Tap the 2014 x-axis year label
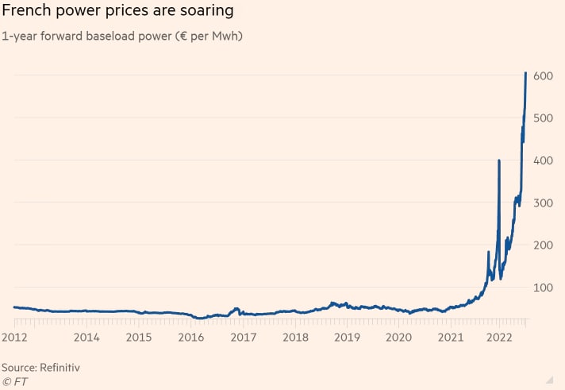click(x=86, y=337)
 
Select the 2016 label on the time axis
click(x=190, y=337)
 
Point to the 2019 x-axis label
click(x=347, y=337)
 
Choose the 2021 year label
click(x=451, y=337)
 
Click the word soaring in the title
click(x=206, y=12)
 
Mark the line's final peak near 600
click(x=526, y=73)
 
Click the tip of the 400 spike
click(x=498, y=160)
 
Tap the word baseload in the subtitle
click(x=111, y=36)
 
